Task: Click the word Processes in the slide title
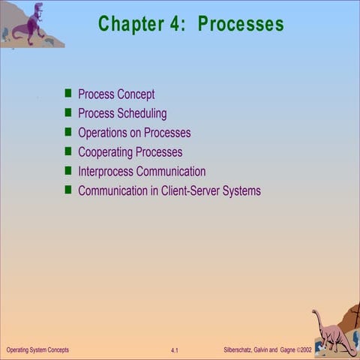(241, 24)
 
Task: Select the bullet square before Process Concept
(67, 94)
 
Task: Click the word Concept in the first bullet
(136, 94)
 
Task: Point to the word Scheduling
(142, 114)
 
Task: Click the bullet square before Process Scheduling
(67, 113)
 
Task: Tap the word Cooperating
(106, 152)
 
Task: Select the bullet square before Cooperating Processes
(67, 151)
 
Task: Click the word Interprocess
(105, 172)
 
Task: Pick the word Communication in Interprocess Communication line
(170, 172)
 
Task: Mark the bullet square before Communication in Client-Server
(67, 190)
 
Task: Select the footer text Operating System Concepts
(37, 350)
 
